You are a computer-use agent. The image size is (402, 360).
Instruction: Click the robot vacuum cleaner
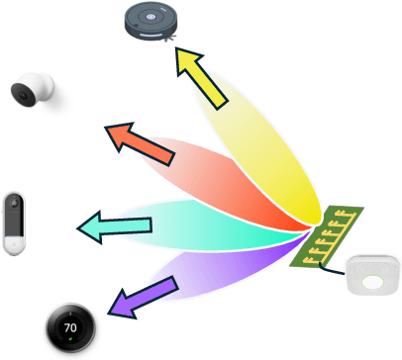point(154,21)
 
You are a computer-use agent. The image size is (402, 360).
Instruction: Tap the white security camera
point(32,92)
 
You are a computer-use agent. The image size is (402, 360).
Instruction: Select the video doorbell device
point(14,224)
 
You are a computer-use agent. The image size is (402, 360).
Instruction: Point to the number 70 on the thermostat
point(69,326)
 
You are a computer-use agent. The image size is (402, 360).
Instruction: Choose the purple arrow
point(141,297)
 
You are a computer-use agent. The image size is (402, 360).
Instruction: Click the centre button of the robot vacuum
point(154,15)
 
